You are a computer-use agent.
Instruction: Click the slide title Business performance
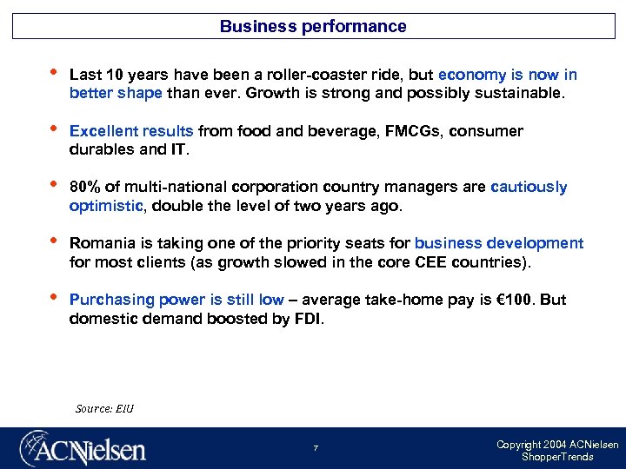pyautogui.click(x=313, y=26)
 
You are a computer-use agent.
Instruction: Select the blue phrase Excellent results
pyautogui.click(x=131, y=131)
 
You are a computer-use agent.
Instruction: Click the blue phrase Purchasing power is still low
pyautogui.click(x=176, y=300)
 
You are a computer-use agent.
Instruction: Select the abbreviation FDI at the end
pyautogui.click(x=310, y=319)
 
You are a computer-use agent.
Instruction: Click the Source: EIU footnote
pyautogui.click(x=105, y=408)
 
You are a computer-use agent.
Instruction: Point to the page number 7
pyautogui.click(x=316, y=448)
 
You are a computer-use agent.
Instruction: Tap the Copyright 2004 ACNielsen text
pyautogui.click(x=557, y=445)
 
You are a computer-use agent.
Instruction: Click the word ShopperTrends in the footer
pyautogui.click(x=557, y=457)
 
